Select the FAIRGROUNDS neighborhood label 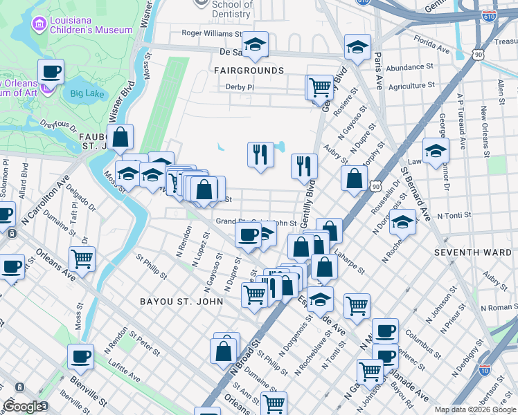click(x=249, y=71)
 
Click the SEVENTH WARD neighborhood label click(x=462, y=252)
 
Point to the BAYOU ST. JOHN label click(x=181, y=302)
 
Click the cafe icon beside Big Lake click(x=51, y=71)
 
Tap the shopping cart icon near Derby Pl click(x=319, y=87)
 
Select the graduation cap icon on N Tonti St click(x=402, y=221)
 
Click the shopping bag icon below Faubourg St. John click(x=120, y=137)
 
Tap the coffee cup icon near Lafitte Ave click(x=80, y=357)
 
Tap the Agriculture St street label click(x=412, y=86)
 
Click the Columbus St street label click(x=418, y=340)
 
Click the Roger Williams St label click(x=211, y=33)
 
